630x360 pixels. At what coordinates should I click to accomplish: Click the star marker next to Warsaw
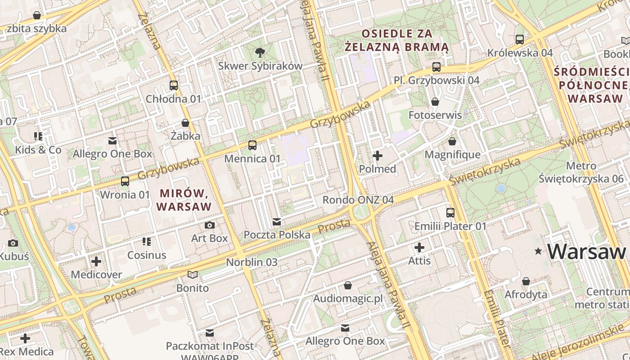coord(538,252)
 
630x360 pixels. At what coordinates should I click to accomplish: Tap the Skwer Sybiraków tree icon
coord(260,53)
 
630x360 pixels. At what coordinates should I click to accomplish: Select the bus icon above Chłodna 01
coord(174,85)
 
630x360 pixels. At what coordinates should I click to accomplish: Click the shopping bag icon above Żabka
coord(185,123)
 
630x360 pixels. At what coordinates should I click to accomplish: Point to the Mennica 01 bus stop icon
coord(252,145)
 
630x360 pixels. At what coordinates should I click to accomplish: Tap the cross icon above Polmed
coord(378,156)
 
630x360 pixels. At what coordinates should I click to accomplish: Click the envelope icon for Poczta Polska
coord(277,222)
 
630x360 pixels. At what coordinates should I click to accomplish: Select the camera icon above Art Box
coord(210,225)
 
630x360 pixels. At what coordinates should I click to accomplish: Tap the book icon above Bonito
coord(193,274)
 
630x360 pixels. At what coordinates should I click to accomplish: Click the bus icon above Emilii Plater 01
coord(450,213)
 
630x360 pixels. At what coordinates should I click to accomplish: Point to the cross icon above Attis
coord(419,247)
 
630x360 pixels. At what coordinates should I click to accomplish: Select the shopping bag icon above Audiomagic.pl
coord(347,285)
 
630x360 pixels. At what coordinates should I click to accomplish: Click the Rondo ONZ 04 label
coord(358,200)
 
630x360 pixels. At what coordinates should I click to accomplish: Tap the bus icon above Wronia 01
coord(125,181)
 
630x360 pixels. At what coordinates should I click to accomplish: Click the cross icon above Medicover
coord(96,261)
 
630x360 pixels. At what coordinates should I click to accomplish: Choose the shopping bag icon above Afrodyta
coord(526,282)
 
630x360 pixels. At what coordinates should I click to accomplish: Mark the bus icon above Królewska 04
coord(520,40)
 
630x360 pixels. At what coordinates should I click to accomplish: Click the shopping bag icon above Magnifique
coord(452,142)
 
